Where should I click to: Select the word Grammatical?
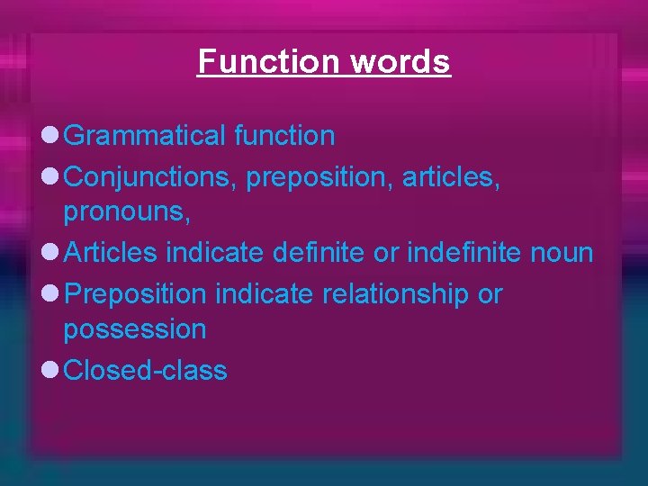[145, 137]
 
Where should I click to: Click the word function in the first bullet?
[284, 137]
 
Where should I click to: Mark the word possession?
[134, 329]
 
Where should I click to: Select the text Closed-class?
[146, 370]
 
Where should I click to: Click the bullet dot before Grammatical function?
[49, 137]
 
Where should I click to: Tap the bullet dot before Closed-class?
[49, 370]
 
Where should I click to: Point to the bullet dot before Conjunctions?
[49, 178]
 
